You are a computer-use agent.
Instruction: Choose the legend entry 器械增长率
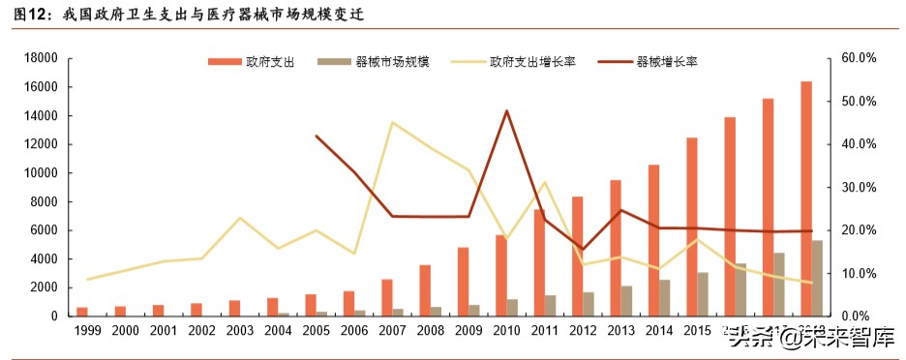(x=667, y=62)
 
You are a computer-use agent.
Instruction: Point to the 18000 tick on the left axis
(x=44, y=58)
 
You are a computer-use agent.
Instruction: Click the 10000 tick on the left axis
(x=44, y=173)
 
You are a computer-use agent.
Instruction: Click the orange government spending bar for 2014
(x=653, y=240)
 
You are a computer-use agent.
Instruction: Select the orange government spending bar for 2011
(x=539, y=262)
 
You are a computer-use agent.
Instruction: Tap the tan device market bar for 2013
(x=627, y=301)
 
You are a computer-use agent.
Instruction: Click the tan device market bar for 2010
(x=513, y=308)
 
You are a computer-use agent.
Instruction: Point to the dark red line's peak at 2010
(x=507, y=111)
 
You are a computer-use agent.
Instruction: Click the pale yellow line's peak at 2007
(x=392, y=122)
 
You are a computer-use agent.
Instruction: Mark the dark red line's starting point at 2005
(x=317, y=136)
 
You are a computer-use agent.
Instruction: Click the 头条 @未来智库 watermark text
(x=811, y=337)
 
